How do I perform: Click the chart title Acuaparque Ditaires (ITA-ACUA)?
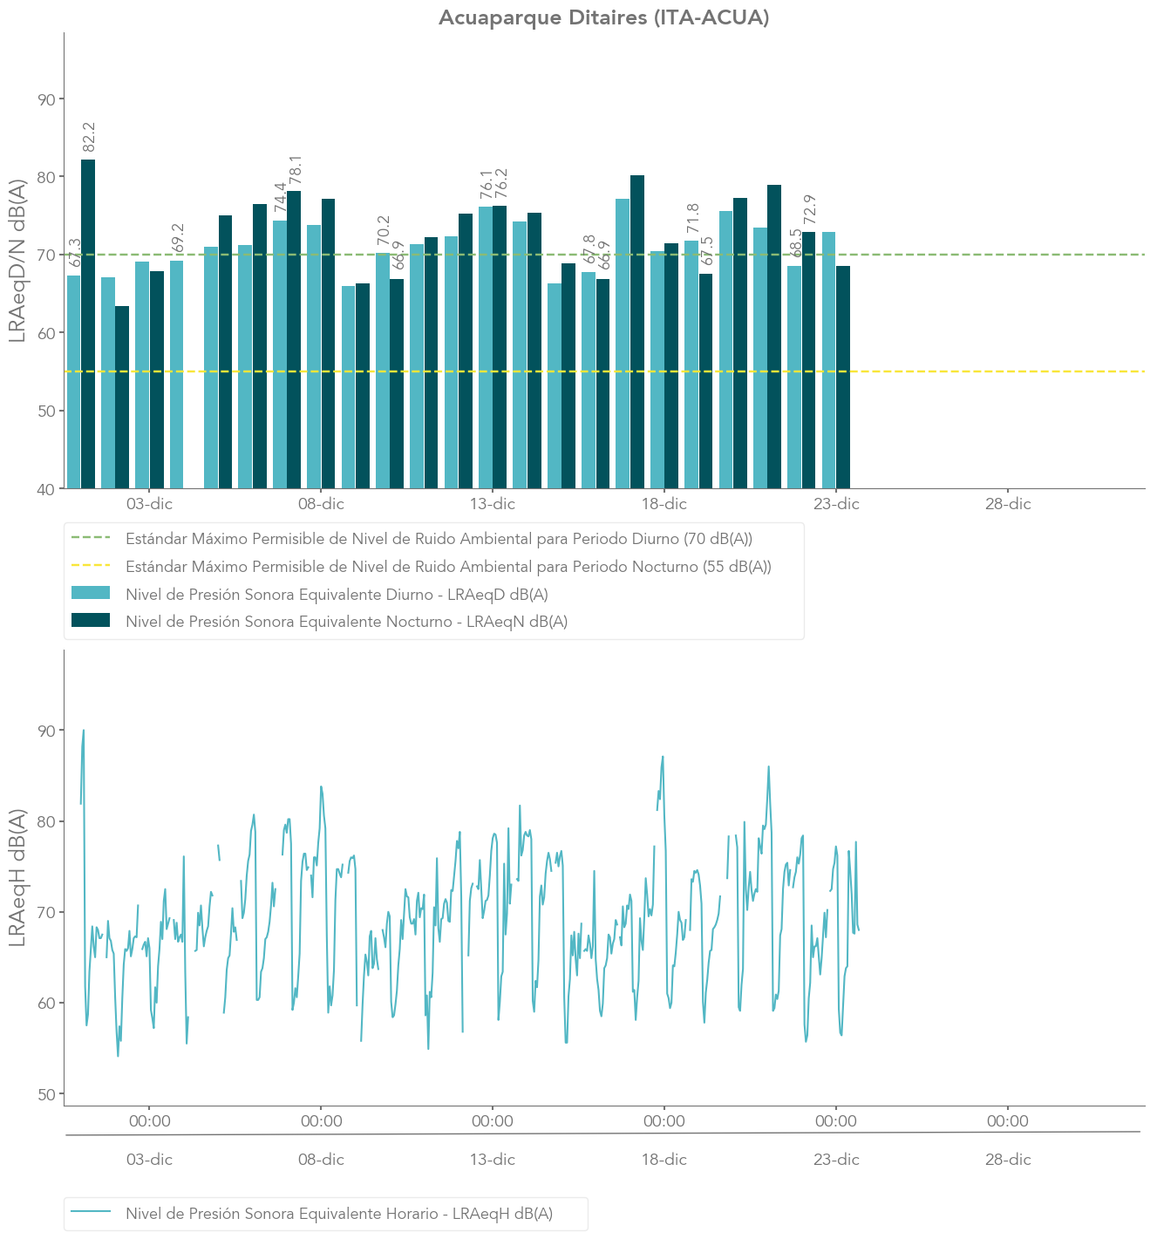pyautogui.click(x=603, y=17)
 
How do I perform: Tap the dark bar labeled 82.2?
pyautogui.click(x=88, y=323)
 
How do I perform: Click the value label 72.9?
pyautogui.click(x=809, y=210)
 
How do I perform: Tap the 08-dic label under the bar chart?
pyautogui.click(x=321, y=504)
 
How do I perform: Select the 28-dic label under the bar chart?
pyautogui.click(x=1008, y=504)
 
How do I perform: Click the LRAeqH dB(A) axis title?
pyautogui.click(x=17, y=877)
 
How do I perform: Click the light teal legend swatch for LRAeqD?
pyautogui.click(x=91, y=594)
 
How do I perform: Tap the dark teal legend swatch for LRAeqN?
pyautogui.click(x=91, y=621)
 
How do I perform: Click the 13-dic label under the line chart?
pyautogui.click(x=493, y=1160)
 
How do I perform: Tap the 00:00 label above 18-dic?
pyautogui.click(x=664, y=1121)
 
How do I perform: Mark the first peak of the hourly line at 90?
pyautogui.click(x=84, y=731)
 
